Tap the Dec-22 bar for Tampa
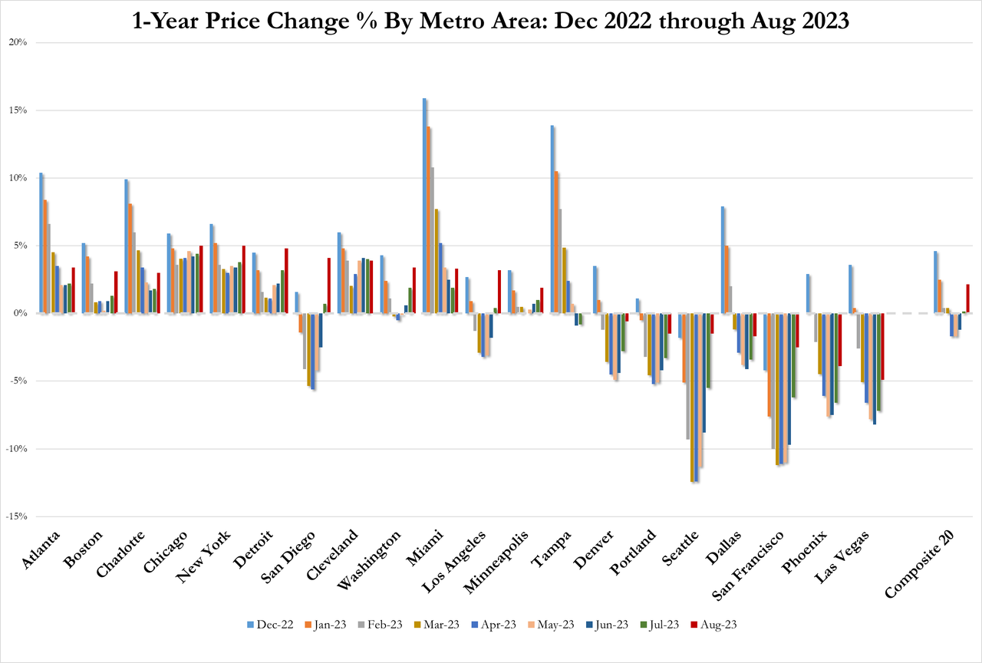552,219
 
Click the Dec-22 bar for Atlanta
41,243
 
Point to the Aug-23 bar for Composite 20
967,299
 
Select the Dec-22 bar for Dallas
722,260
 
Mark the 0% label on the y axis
19,314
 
